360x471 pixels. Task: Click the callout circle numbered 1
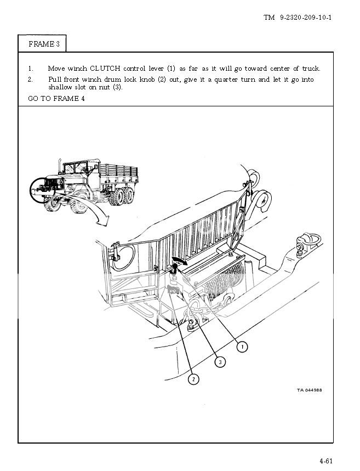(x=242, y=347)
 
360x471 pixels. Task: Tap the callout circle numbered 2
(x=193, y=379)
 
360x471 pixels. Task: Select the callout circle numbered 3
(x=220, y=362)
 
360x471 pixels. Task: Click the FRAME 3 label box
(x=42, y=44)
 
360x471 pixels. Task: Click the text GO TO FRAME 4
(x=56, y=99)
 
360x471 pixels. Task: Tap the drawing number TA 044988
(x=309, y=390)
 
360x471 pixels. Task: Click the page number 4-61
(x=326, y=461)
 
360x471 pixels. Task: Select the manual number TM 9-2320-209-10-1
(x=298, y=18)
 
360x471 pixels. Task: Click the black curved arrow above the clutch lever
(x=180, y=261)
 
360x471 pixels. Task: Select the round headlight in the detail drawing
(x=124, y=257)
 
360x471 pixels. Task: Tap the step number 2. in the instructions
(x=30, y=80)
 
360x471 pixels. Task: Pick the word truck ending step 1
(x=311, y=69)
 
